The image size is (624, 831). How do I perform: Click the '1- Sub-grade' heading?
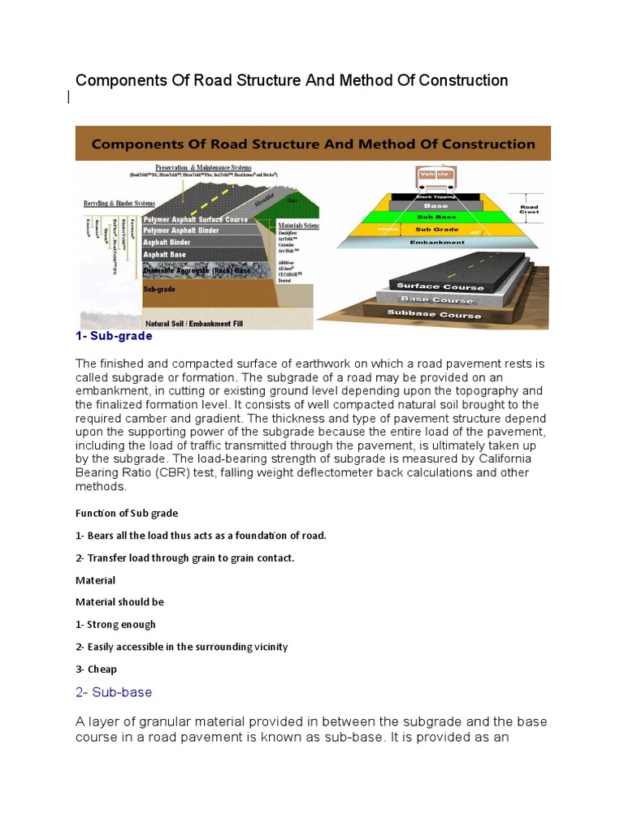coord(114,336)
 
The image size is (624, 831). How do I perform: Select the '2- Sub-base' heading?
coord(114,692)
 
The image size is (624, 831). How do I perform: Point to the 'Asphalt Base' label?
coord(165,254)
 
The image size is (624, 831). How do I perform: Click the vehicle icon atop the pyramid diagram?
coord(435,175)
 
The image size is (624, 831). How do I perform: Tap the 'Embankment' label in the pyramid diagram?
coord(438,242)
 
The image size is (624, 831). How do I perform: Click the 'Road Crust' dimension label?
coord(530,208)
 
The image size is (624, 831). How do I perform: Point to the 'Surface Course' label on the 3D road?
coord(440,286)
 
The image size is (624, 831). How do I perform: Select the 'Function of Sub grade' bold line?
coord(127,514)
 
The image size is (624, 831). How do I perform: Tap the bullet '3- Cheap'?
coord(96,670)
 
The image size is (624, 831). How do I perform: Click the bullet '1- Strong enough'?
coord(115,625)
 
